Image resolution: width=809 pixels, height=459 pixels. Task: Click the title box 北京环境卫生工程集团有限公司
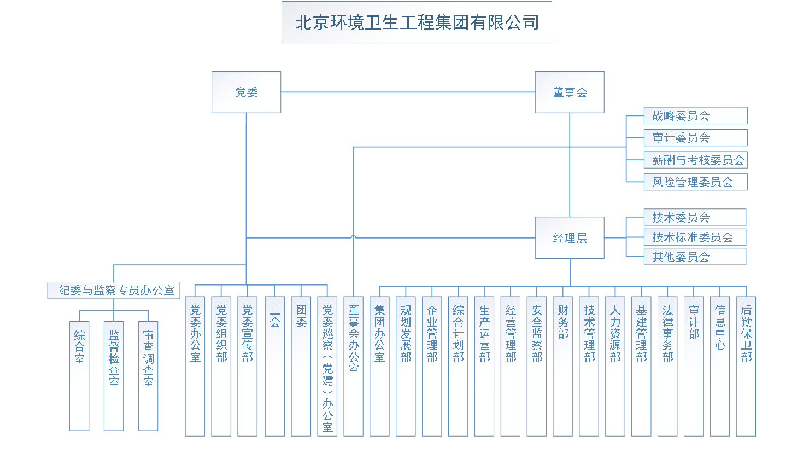coord(417,22)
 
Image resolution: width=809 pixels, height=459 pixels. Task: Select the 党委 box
coord(246,92)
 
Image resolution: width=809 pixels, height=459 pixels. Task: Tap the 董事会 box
coord(570,92)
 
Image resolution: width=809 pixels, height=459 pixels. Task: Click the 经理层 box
coord(570,238)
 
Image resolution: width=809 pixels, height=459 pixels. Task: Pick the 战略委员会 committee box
coord(695,116)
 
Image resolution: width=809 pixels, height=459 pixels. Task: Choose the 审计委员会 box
coord(695,138)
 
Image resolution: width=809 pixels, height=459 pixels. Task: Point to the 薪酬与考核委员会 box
coord(695,160)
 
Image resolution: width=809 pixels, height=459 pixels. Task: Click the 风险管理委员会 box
coord(695,182)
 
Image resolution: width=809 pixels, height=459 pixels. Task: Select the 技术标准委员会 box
coord(694,237)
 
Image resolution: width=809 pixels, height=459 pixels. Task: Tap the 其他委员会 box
coord(694,257)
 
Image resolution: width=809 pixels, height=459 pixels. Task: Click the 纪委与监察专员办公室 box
coord(114,290)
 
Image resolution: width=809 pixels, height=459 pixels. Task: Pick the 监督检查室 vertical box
coord(114,376)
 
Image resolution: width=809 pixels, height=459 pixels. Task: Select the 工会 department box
coord(275,366)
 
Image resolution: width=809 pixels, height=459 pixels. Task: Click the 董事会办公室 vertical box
coord(354,366)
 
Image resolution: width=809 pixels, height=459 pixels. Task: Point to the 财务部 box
coord(563,366)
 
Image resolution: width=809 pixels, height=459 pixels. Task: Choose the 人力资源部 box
coord(615,366)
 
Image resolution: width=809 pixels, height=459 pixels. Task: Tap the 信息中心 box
coord(720,366)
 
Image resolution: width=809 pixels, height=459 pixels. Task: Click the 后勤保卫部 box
coord(746,366)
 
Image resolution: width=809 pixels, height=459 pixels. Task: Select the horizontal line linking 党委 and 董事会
coord(408,92)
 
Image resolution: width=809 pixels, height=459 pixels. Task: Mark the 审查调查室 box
coord(148,376)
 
